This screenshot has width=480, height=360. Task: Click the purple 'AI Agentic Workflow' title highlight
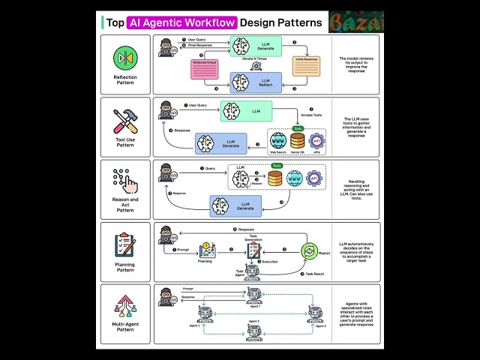tap(182, 22)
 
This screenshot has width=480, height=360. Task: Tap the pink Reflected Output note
tap(204, 68)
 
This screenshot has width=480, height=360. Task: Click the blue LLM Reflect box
tap(255, 82)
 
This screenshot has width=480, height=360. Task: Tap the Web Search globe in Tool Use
tap(278, 140)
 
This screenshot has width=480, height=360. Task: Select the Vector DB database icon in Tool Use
tap(297, 140)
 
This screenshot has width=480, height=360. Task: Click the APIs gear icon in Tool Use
tap(316, 140)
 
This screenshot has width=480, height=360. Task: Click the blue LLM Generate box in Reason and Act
tap(235, 205)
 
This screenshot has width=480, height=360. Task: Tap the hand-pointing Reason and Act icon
tap(124, 181)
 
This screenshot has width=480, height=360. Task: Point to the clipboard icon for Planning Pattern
tap(124, 245)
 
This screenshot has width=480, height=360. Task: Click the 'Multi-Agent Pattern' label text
tap(124, 326)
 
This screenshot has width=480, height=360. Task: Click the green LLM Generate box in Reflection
tap(255, 45)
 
